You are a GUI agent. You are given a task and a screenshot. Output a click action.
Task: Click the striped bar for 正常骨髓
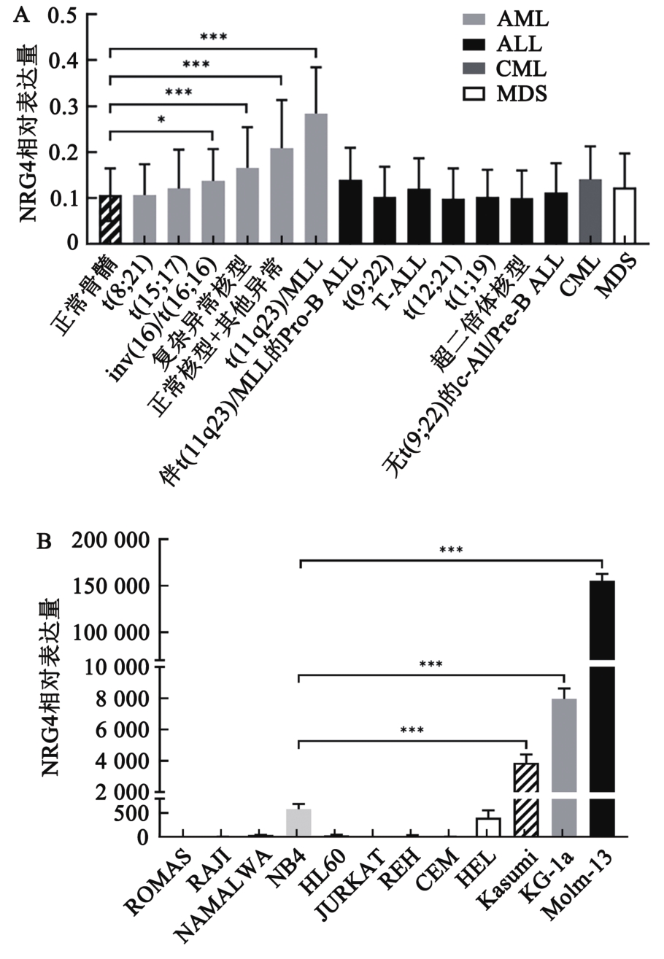click(x=109, y=219)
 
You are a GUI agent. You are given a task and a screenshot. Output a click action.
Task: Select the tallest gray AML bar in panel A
click(x=315, y=178)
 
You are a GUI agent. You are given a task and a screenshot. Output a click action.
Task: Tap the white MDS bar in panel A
click(x=624, y=215)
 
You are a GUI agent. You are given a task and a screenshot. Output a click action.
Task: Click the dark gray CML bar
click(x=590, y=211)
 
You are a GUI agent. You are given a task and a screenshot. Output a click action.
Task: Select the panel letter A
click(x=22, y=15)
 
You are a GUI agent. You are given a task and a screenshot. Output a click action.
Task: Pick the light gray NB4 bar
click(x=298, y=823)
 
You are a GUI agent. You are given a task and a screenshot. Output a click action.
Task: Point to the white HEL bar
click(x=488, y=828)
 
